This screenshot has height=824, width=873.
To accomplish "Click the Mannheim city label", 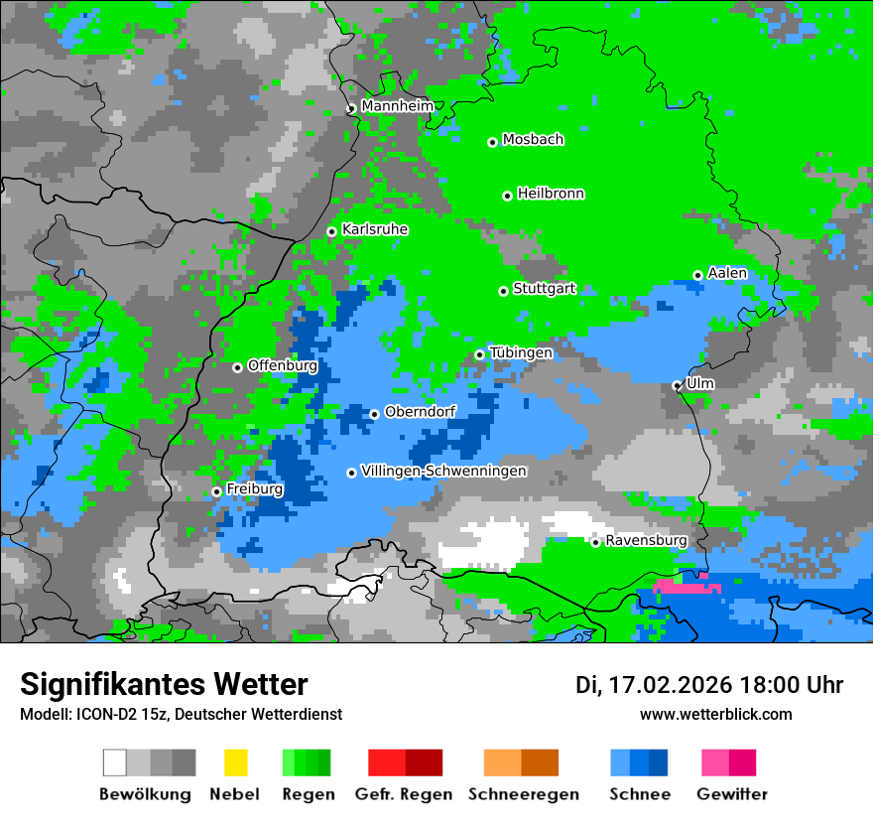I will (x=398, y=106).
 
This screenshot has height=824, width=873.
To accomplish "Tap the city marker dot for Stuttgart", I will (x=503, y=291).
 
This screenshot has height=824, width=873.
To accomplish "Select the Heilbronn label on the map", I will (x=551, y=194).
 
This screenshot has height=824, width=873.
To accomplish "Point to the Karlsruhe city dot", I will (x=331, y=231).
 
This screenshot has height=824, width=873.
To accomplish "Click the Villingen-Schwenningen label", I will (x=443, y=471).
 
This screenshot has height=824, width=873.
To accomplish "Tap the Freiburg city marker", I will (x=216, y=491).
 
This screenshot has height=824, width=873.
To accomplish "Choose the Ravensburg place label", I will (x=646, y=540).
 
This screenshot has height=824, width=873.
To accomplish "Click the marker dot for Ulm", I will (x=677, y=385).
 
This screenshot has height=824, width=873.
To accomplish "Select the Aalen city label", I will (x=727, y=273).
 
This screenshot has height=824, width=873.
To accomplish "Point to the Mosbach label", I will (x=533, y=140).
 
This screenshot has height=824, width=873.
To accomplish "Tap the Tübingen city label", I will (x=521, y=352).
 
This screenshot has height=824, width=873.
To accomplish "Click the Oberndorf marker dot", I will (x=374, y=414).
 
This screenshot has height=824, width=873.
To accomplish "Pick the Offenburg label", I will (x=282, y=365).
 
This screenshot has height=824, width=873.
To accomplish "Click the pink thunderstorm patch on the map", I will (x=686, y=586).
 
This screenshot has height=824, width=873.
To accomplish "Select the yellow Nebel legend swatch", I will (x=235, y=762).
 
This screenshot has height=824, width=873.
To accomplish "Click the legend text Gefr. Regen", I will (x=404, y=794).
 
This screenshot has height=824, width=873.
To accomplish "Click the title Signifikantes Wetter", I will (x=164, y=684).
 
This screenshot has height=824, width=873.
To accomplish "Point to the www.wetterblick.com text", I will (x=715, y=714).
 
